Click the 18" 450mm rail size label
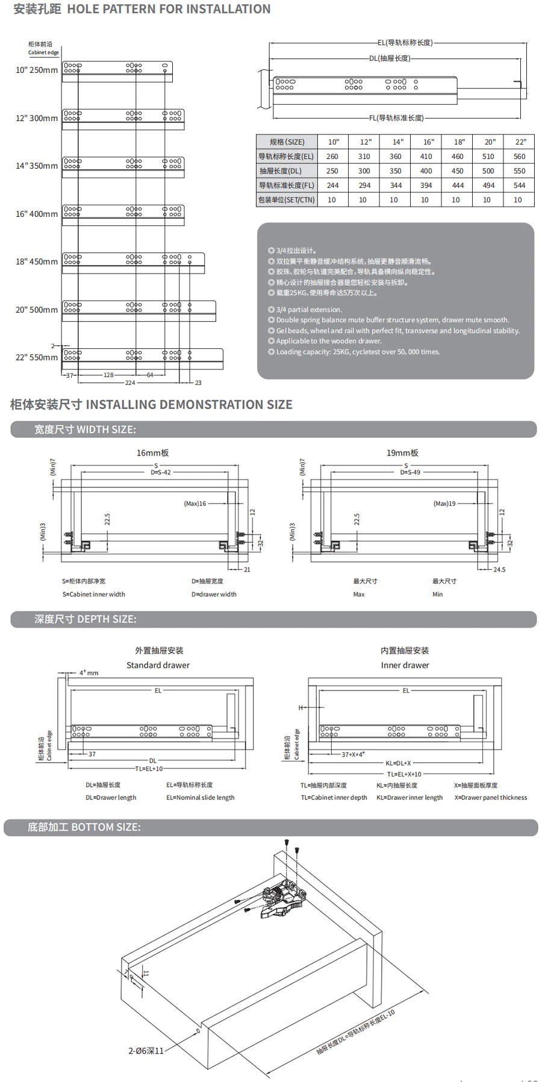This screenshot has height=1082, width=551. coord(37,262)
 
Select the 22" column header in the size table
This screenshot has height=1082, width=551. coord(520,142)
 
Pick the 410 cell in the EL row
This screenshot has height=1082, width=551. coord(426,157)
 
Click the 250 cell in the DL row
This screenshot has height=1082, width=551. coord(332,171)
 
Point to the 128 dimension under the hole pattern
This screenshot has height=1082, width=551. coord(108,375)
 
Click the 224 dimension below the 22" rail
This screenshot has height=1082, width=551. coord(130,383)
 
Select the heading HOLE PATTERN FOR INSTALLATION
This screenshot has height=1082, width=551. coord(169,10)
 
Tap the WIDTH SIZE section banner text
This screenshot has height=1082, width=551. coord(85,430)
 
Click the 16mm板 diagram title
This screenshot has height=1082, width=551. coord(152,453)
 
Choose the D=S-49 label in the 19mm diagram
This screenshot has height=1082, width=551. coord(410,473)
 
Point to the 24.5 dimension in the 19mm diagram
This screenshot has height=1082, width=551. coord(499,570)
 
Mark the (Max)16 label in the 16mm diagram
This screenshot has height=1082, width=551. coord(195,504)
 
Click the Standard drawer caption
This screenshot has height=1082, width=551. coord(158,666)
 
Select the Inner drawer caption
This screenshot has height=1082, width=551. coord(405,666)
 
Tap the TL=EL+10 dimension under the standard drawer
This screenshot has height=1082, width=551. coord(149,769)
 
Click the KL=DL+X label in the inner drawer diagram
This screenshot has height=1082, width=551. coord(398,763)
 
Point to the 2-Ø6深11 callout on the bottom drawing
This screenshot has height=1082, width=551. coord(146,1051)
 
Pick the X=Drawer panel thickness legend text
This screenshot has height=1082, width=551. coord(490,798)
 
